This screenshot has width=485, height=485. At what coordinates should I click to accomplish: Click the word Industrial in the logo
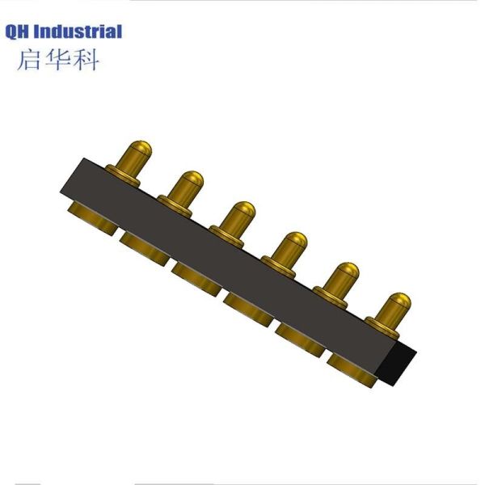click(x=78, y=32)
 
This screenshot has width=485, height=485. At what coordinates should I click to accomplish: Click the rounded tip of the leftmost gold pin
click(x=139, y=146)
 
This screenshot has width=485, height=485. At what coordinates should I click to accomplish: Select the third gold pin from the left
click(x=240, y=217)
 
